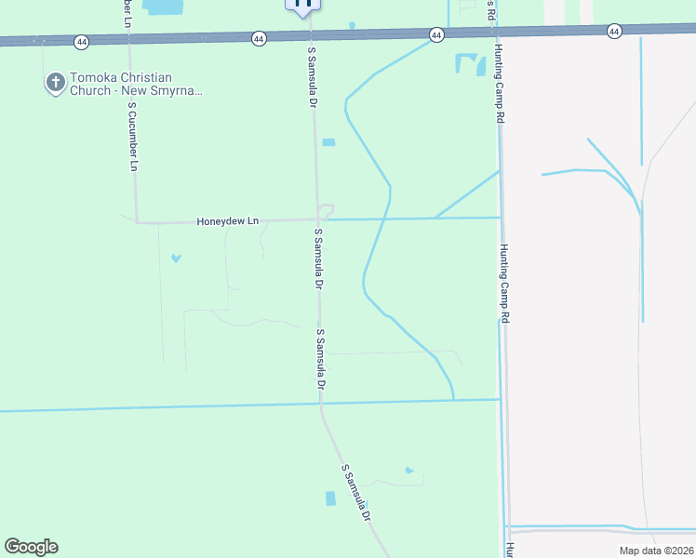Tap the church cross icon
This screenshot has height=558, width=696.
coord(55,84)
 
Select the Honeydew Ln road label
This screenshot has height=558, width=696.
coord(227,221)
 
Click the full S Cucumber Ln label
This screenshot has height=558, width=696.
coord(133,136)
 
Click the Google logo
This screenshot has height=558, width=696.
coord(31,547)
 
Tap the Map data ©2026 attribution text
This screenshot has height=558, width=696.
coord(656,551)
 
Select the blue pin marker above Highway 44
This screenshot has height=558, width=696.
coord(302,6)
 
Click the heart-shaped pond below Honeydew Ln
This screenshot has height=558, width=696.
coord(176,258)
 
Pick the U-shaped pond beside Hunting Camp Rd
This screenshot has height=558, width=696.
coord(471,64)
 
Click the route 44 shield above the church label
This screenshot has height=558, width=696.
coord(82,42)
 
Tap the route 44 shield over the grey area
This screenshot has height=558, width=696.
coord(614,32)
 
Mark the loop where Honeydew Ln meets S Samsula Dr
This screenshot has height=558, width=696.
coord(326,211)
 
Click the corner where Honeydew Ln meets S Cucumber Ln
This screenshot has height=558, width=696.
coord(138,222)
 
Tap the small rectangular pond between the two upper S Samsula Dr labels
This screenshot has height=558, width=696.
coord(328,142)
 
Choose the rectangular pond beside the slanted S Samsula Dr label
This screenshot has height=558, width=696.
coord(330,498)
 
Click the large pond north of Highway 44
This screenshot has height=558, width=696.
coord(165,7)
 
